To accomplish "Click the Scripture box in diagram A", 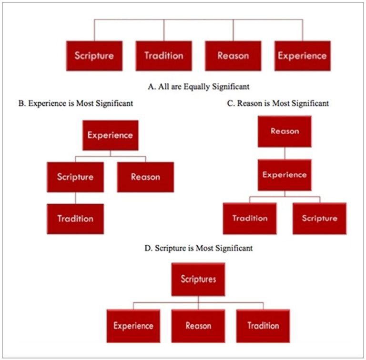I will point(94,56).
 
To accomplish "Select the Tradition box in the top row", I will point(164,56).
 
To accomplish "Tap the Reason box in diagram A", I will point(233,56).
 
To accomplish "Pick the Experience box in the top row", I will point(302,56).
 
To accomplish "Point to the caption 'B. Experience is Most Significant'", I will point(75,103).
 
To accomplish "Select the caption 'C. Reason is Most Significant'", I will point(278,103).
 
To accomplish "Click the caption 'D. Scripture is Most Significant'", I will point(198,248).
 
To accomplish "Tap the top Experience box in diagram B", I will point(110,135).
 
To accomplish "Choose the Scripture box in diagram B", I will point(75,177).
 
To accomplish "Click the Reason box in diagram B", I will point(145,177).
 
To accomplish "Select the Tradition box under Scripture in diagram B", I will point(75,219).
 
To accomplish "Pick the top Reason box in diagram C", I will point(285,131).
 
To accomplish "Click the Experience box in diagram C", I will point(285,175).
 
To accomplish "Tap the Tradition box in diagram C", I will point(250,219).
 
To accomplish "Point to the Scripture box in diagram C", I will point(319,219).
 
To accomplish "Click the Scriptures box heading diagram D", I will point(198,279).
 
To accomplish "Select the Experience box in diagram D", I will point(133,326).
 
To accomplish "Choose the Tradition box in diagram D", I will point(263,326).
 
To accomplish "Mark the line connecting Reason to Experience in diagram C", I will point(285,153).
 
